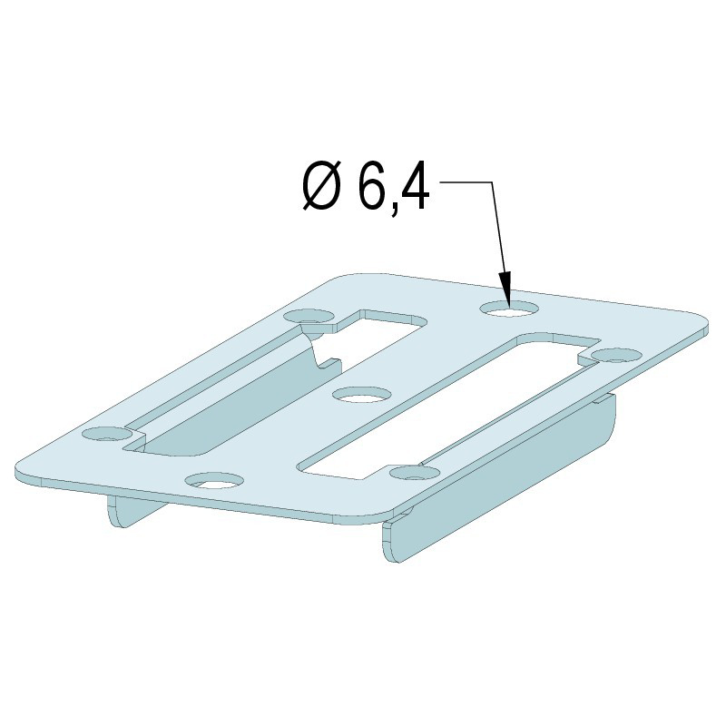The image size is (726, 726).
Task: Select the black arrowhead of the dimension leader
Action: point(505,287)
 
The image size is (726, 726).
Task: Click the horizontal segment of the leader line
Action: point(466,182)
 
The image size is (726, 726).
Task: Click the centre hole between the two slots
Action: point(361,396)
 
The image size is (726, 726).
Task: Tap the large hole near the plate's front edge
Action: point(214,482)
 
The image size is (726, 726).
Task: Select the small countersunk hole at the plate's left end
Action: point(107,435)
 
